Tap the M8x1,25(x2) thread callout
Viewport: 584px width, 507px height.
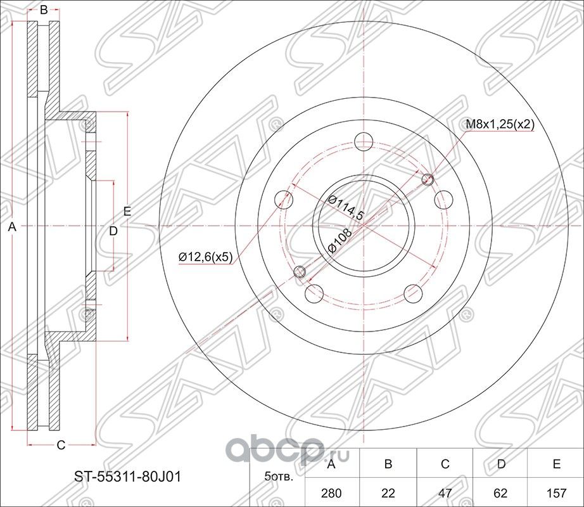500,125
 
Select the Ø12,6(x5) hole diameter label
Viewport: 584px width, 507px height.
206,256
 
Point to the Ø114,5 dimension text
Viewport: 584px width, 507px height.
345,207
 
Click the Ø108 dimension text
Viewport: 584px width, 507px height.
340,240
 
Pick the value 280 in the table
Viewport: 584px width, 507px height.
330,492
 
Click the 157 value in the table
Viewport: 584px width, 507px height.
556,492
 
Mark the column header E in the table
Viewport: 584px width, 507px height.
556,465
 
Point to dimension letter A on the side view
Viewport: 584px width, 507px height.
11,228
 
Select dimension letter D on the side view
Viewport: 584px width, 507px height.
113,231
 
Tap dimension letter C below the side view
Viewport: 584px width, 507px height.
61,446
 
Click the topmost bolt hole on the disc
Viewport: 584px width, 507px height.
364,141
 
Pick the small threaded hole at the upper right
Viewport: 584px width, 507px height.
427,179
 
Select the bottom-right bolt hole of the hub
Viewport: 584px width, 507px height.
413,293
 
